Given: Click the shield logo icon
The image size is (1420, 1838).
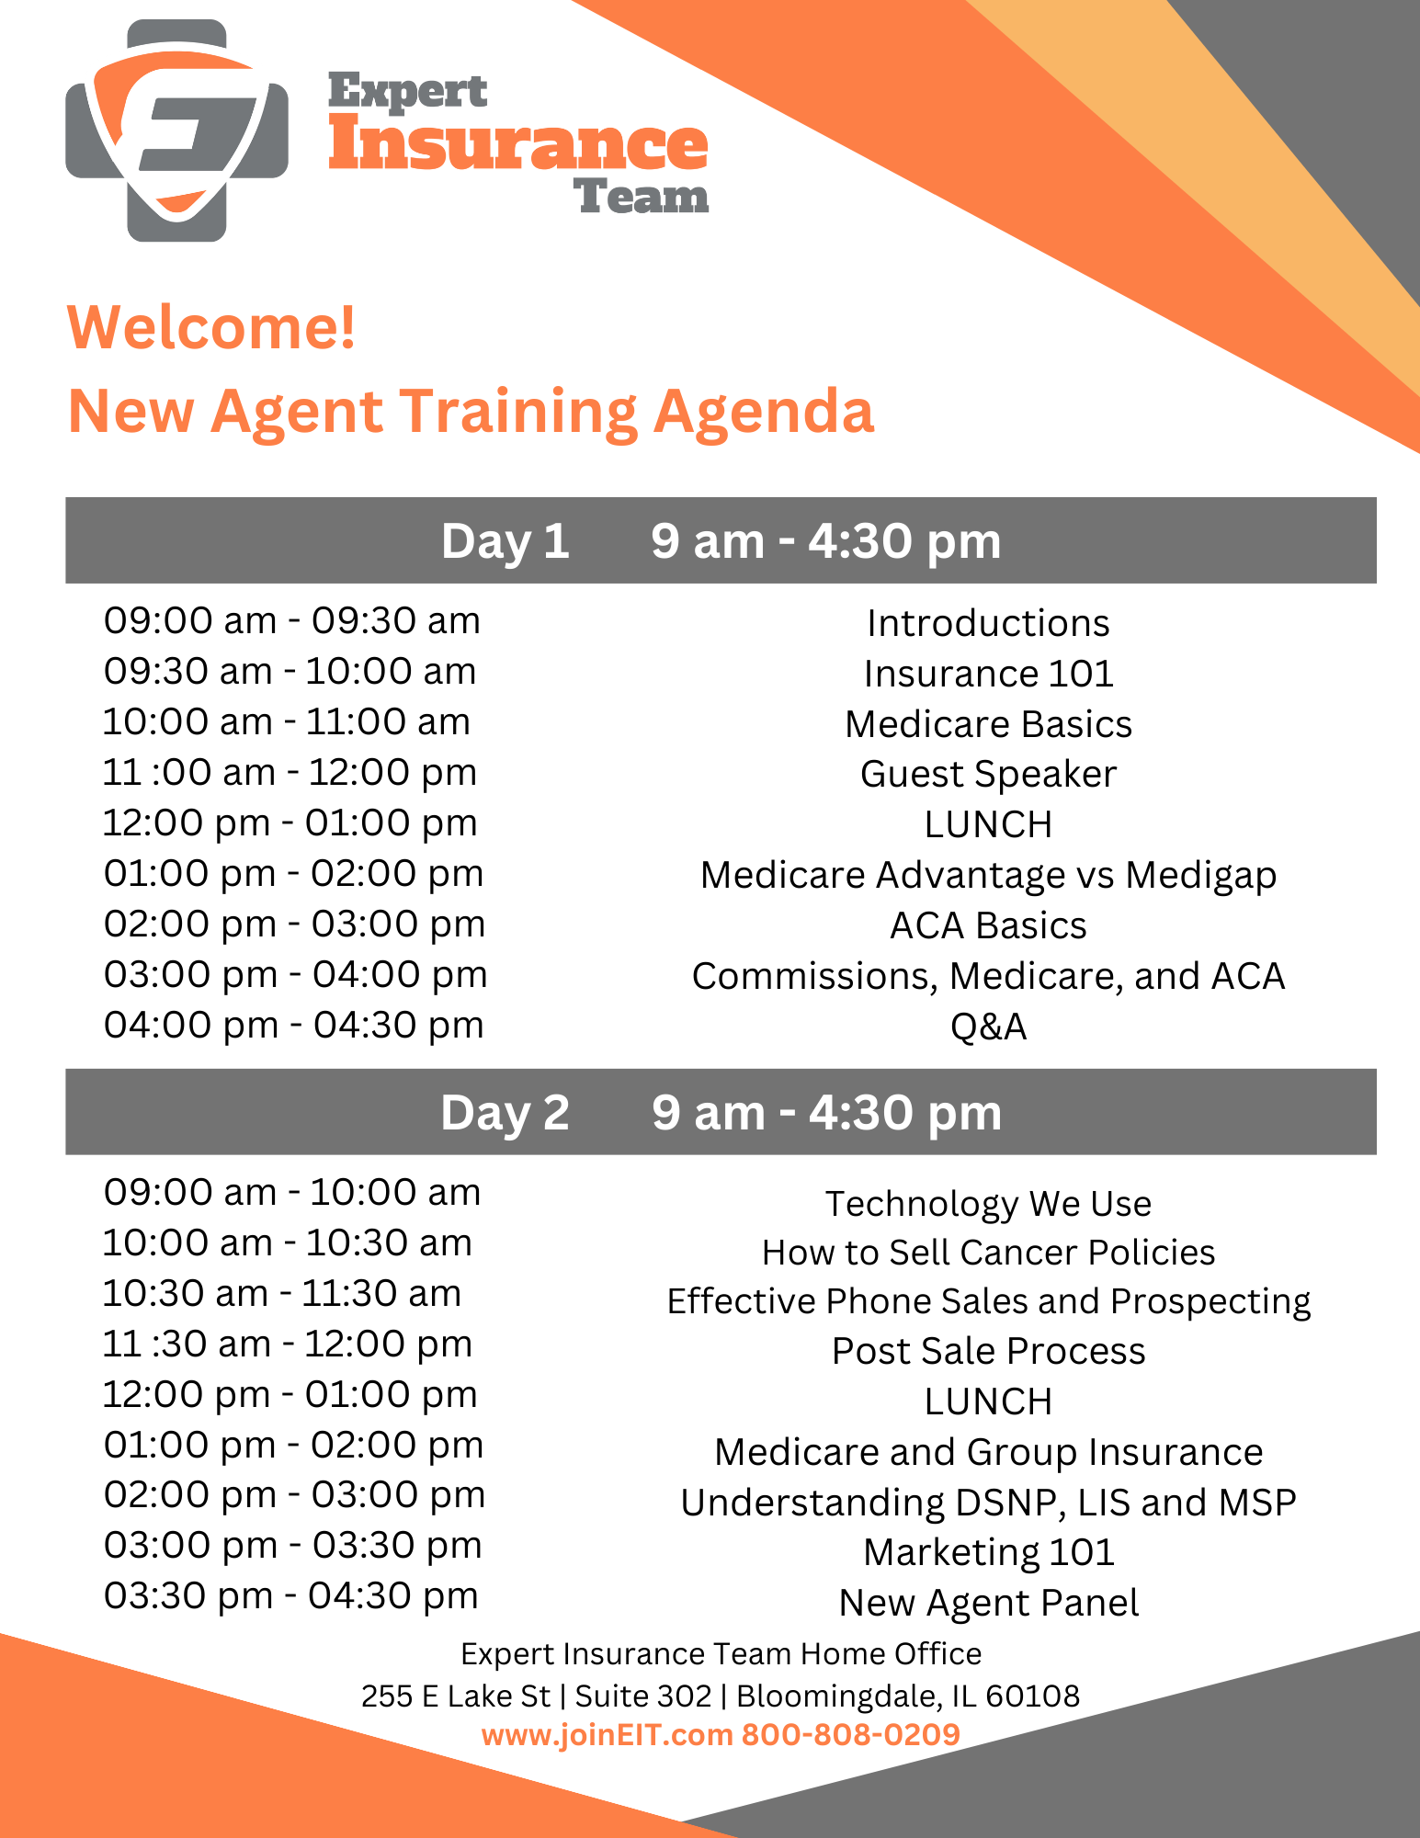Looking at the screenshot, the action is pyautogui.click(x=176, y=130).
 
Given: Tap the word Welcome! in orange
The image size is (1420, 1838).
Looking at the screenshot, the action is pyautogui.click(x=211, y=327).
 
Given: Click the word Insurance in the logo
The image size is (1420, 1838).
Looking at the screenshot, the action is pyautogui.click(x=518, y=144).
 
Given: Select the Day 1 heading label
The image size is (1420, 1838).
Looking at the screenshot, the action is pyautogui.click(x=505, y=540).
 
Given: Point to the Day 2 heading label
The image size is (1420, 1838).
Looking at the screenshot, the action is pyautogui.click(x=505, y=1112).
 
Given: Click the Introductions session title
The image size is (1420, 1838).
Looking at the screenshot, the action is pyautogui.click(x=988, y=623).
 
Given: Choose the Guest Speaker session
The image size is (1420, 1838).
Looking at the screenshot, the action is pyautogui.click(x=988, y=775).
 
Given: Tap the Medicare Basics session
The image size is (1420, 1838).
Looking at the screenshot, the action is pyautogui.click(x=988, y=724).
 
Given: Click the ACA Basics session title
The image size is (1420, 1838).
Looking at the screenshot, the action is pyautogui.click(x=988, y=925).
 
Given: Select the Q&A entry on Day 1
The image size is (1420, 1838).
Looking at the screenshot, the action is pyautogui.click(x=988, y=1027).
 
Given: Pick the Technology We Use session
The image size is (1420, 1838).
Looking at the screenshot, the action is pyautogui.click(x=988, y=1204).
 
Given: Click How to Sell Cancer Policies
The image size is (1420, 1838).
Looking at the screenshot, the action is pyautogui.click(x=988, y=1253).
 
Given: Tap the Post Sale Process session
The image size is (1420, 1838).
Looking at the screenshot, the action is pyautogui.click(x=988, y=1351).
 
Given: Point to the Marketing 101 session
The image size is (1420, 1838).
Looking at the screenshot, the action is pyautogui.click(x=988, y=1552).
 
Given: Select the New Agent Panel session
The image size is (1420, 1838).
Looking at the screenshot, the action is pyautogui.click(x=988, y=1603).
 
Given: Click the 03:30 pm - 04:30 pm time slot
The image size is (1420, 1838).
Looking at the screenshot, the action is pyautogui.click(x=290, y=1595).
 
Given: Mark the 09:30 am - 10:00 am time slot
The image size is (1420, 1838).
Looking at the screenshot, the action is pyautogui.click(x=290, y=672).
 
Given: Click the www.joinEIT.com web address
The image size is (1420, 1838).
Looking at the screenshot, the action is pyautogui.click(x=607, y=1735).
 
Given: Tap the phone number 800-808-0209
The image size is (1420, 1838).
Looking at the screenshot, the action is pyautogui.click(x=850, y=1734).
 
